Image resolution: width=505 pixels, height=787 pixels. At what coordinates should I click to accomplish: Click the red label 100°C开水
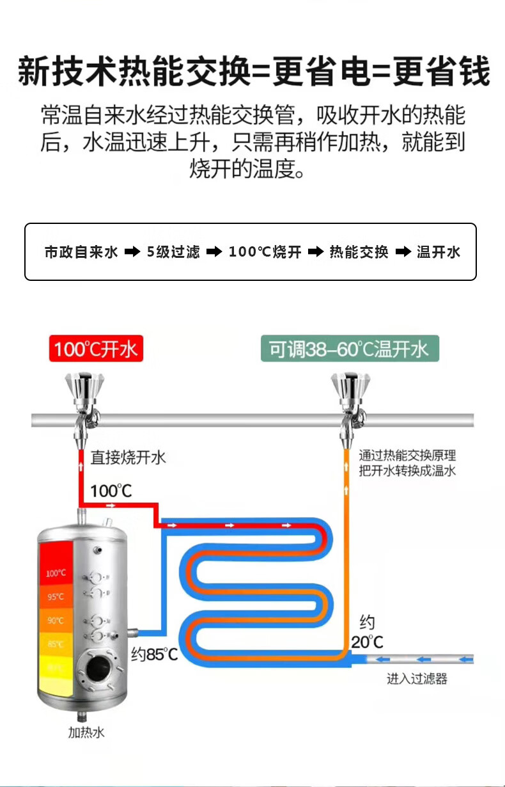point(96,348)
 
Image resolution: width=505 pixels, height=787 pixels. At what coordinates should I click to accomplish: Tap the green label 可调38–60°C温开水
point(350,348)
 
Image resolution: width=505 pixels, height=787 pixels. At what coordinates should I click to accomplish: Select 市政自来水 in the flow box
point(81,251)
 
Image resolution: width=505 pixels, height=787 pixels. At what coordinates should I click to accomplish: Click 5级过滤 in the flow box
point(173,251)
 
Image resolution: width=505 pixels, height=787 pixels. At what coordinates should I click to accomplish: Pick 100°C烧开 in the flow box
point(265,251)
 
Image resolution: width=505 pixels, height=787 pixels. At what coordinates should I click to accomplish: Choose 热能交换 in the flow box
point(359,251)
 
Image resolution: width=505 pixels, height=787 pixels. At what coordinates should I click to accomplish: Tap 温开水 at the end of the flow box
point(439,251)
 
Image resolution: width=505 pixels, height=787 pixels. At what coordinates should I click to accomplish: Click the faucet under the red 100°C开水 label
point(84,409)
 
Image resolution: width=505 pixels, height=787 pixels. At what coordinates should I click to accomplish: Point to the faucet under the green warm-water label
point(350,409)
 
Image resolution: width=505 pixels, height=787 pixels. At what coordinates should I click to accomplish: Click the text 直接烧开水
point(128,457)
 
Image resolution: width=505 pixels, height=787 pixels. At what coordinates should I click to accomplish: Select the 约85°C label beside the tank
point(155,654)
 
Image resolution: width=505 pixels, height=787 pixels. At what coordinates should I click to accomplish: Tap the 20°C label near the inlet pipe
point(367,642)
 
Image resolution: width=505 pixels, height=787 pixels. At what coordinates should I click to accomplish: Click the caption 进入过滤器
point(417,679)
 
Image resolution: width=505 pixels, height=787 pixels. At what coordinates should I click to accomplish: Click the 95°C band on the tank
point(56,596)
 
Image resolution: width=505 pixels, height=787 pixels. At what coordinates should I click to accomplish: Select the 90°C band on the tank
point(56,620)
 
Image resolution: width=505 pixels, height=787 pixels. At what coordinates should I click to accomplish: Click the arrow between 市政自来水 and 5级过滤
point(132,251)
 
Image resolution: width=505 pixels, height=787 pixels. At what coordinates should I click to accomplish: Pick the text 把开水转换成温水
point(407,470)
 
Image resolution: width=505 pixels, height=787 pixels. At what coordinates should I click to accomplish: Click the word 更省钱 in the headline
point(442,72)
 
